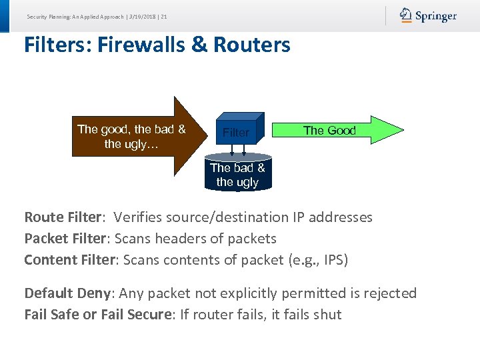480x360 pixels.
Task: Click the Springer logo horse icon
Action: pos(406,15)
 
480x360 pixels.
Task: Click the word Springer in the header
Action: pos(436,16)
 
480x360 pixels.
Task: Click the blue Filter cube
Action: pos(237,131)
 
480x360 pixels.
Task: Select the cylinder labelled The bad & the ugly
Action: pos(237,175)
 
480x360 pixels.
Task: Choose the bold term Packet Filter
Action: pos(66,239)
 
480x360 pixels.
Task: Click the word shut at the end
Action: pos(326,315)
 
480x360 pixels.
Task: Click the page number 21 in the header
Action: pos(163,16)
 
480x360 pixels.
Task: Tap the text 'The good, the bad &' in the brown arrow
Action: pos(131,129)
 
